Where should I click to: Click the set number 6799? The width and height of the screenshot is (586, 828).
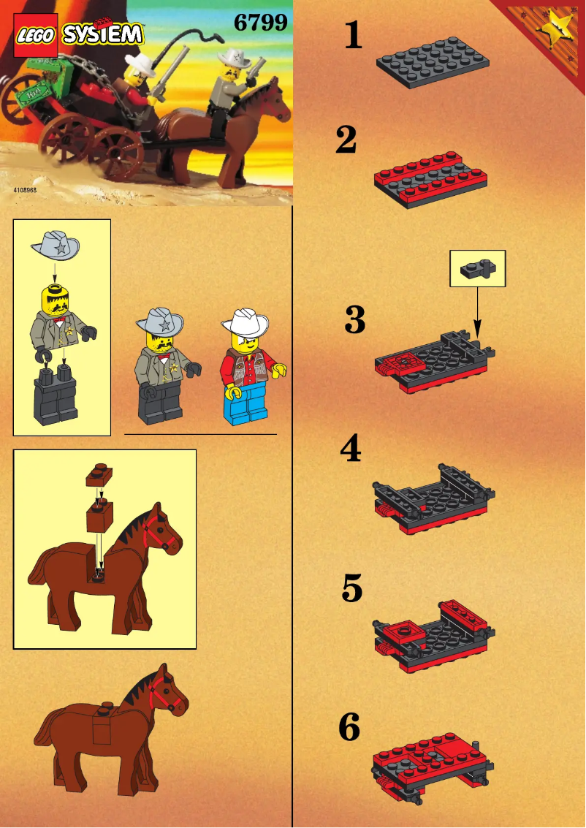tap(260, 23)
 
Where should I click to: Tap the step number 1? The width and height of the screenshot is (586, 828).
tap(354, 35)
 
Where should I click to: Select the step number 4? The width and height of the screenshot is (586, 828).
tap(351, 449)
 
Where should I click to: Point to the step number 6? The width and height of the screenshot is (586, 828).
tap(350, 728)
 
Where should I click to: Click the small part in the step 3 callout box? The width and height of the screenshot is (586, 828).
tap(478, 269)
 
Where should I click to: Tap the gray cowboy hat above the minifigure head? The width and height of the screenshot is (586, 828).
tap(56, 244)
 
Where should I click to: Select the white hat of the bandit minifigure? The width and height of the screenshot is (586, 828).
tap(246, 320)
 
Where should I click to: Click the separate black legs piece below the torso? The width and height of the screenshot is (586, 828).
tap(56, 395)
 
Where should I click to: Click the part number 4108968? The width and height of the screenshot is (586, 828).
tap(25, 189)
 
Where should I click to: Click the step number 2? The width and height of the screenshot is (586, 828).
tap(346, 141)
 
